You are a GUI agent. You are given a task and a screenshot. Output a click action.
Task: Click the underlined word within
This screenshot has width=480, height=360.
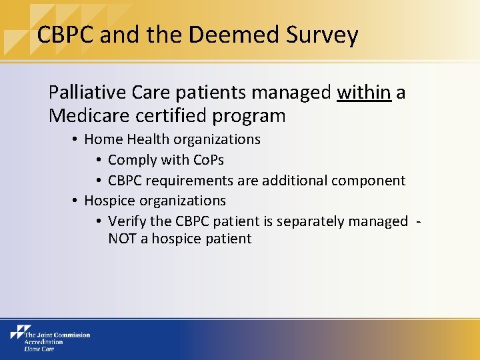[364, 93]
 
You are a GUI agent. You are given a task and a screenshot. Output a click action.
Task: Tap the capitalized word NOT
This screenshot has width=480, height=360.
[122, 239]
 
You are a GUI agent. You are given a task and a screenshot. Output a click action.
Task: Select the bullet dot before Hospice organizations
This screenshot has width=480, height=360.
[76, 201]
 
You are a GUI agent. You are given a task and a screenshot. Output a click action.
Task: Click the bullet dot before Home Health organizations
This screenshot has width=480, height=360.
[76, 140]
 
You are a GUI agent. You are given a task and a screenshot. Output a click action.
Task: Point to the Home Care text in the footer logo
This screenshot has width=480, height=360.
[40, 348]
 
